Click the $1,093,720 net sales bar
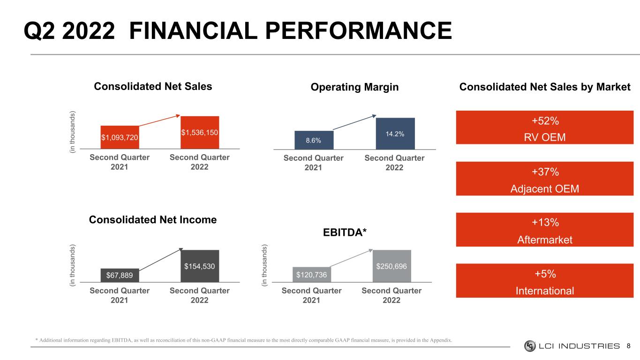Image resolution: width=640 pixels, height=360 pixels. pyautogui.click(x=120, y=137)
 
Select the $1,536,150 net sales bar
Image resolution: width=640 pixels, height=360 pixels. pyautogui.click(x=200, y=132)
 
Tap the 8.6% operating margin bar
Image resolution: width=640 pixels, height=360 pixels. pyautogui.click(x=314, y=140)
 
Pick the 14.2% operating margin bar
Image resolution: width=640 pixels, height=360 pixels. pyautogui.click(x=395, y=134)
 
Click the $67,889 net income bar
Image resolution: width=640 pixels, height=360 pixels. pyautogui.click(x=120, y=276)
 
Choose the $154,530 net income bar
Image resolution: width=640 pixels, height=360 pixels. pyautogui.click(x=200, y=266)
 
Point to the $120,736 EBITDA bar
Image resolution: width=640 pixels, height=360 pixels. pyautogui.click(x=312, y=275)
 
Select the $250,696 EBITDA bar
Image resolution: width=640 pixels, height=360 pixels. pyautogui.click(x=392, y=266)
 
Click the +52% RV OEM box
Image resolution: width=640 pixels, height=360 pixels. pyautogui.click(x=544, y=127)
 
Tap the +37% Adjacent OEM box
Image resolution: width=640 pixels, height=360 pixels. pyautogui.click(x=544, y=179)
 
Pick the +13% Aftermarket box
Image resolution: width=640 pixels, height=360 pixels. pyautogui.click(x=544, y=229)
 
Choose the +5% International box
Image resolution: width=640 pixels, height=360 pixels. pyautogui.click(x=544, y=281)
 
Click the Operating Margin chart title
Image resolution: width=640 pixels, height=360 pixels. pyautogui.click(x=354, y=87)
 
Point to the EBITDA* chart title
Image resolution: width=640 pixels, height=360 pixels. pyautogui.click(x=345, y=232)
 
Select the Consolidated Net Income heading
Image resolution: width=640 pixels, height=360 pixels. pyautogui.click(x=153, y=220)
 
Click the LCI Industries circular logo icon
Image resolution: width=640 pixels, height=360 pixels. pyautogui.click(x=530, y=346)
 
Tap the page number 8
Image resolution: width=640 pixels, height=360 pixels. pyautogui.click(x=628, y=346)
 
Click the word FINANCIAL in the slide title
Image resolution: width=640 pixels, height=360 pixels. pyautogui.click(x=194, y=30)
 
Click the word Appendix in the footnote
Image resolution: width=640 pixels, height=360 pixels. pyautogui.click(x=441, y=340)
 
